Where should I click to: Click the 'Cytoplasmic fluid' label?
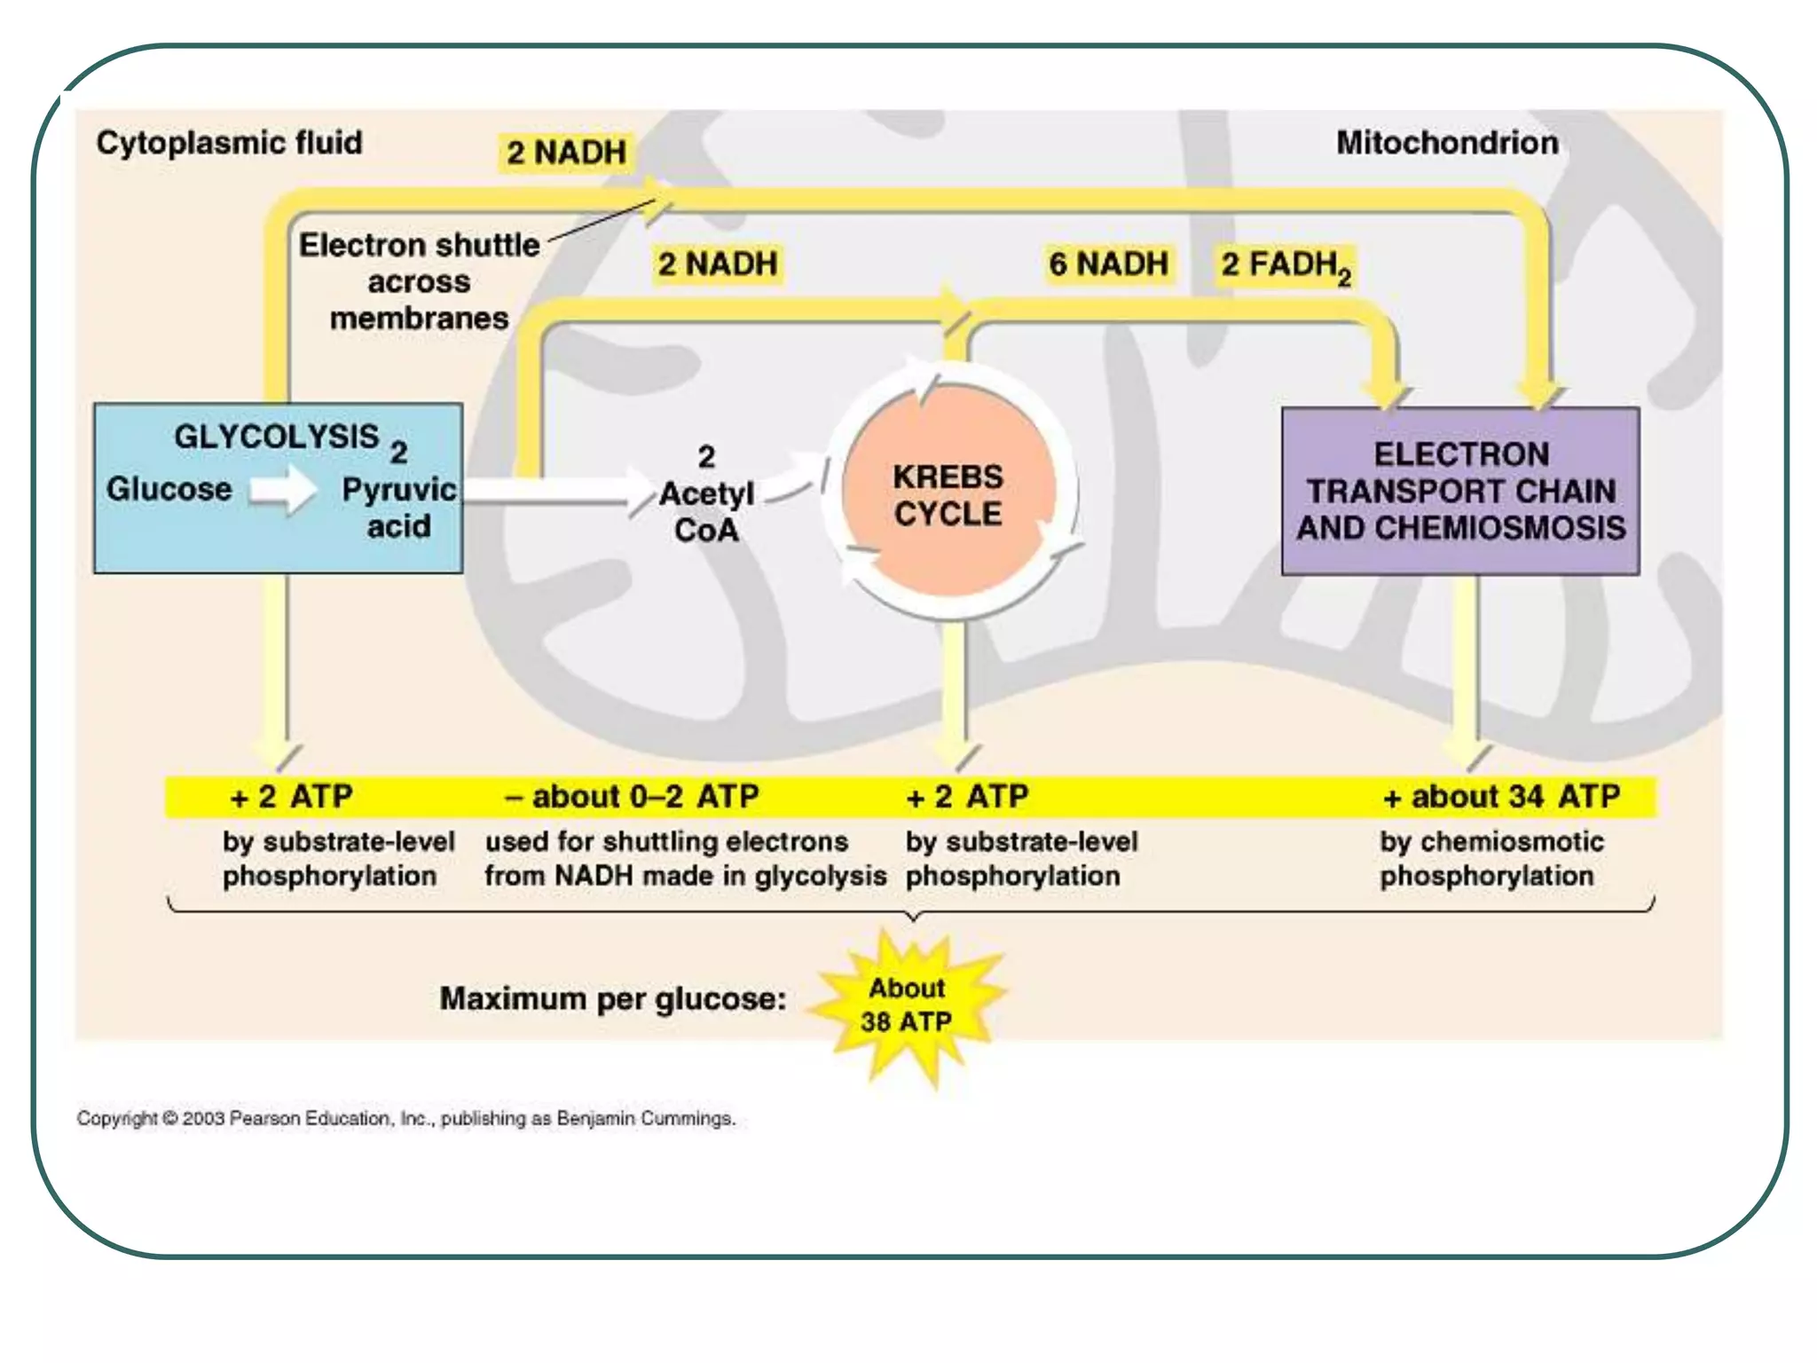pyautogui.click(x=229, y=143)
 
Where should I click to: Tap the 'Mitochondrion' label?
pyautogui.click(x=1447, y=143)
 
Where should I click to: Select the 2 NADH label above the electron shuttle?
pyautogui.click(x=566, y=153)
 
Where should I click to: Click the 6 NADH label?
pyautogui.click(x=1108, y=264)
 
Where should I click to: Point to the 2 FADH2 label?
pyautogui.click(x=1285, y=265)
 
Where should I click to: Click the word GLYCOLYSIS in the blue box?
pyautogui.click(x=276, y=437)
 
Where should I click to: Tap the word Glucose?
pyautogui.click(x=169, y=489)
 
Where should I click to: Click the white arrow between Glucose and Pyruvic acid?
pyautogui.click(x=283, y=490)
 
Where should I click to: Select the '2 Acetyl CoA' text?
pyautogui.click(x=706, y=493)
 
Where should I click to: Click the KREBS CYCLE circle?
pyautogui.click(x=948, y=495)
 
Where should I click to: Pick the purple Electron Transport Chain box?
pyautogui.click(x=1460, y=491)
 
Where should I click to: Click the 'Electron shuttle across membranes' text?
pyautogui.click(x=419, y=281)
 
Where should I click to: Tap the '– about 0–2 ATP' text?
pyautogui.click(x=632, y=797)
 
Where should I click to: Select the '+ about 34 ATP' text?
pyautogui.click(x=1501, y=797)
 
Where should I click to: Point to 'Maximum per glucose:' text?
pyautogui.click(x=613, y=999)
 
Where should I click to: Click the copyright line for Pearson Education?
pyautogui.click(x=405, y=1118)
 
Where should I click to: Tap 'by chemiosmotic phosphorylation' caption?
pyautogui.click(x=1491, y=858)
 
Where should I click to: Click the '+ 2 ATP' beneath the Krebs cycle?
pyautogui.click(x=967, y=797)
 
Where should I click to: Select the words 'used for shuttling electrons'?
pyautogui.click(x=666, y=841)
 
